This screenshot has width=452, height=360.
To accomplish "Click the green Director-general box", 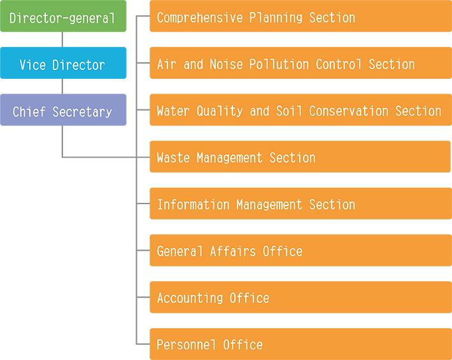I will tap(62, 18).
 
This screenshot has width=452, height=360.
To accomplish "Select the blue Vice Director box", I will tap(62, 65).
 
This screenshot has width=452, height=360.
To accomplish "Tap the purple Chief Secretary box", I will tap(62, 112).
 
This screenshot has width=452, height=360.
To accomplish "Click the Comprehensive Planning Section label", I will tap(256, 18).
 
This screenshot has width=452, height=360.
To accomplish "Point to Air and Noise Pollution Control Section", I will tap(286, 64).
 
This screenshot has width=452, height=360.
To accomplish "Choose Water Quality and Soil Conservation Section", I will tap(299, 111).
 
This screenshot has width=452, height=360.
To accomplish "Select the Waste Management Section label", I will tap(236, 158).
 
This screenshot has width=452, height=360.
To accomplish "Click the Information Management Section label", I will tap(256, 205).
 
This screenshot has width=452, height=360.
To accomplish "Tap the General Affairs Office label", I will tap(229, 251).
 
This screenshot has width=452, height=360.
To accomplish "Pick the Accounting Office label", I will tap(213, 298).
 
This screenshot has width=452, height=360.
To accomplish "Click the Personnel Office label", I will tap(209, 345).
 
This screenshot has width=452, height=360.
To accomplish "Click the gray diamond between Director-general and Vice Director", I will tap(62, 39).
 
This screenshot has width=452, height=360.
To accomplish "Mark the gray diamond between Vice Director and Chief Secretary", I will tap(62, 86).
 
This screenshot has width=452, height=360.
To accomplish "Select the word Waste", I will tap(173, 158).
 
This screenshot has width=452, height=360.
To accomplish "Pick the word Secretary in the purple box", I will tap(82, 112).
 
